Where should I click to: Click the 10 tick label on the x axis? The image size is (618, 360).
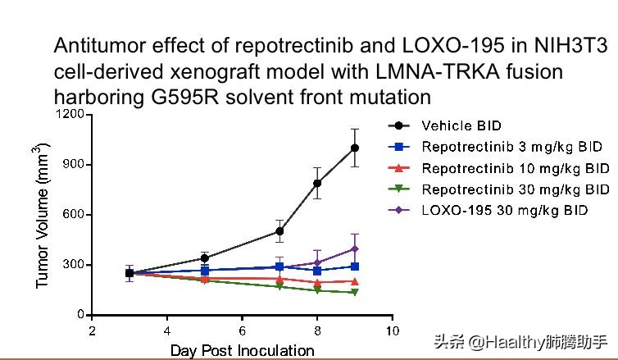[392, 330]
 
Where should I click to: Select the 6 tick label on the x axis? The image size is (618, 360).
[243, 330]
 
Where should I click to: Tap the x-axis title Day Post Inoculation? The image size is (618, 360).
[242, 351]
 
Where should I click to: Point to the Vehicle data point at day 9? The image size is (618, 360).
[355, 148]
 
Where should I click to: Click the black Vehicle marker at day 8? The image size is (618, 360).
[317, 183]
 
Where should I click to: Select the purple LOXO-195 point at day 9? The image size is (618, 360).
[355, 248]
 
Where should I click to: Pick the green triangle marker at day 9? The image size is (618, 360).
[355, 293]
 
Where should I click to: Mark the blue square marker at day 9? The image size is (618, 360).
[355, 266]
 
